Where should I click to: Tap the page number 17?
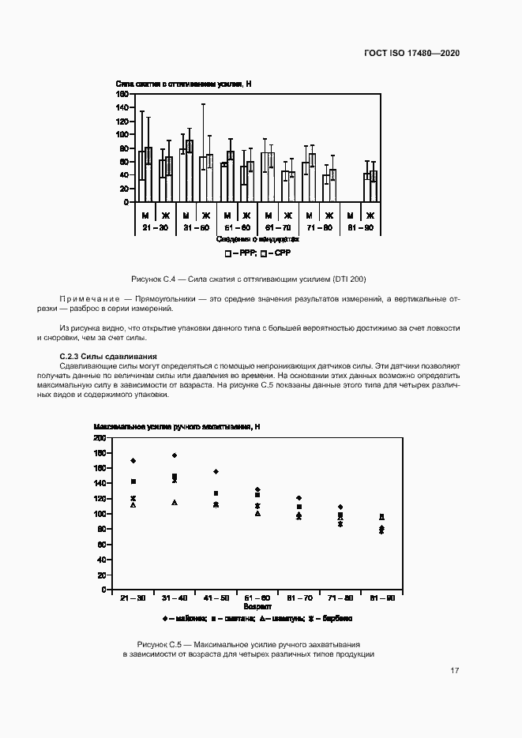pos(455,671)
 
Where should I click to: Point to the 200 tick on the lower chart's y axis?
pos(100,437)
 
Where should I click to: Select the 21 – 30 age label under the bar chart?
pos(155,227)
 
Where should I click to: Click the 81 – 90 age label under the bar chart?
pos(359,227)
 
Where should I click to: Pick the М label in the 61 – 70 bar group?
pos(268,215)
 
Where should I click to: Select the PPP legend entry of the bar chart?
pos(240,254)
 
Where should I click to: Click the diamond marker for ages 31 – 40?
pos(175,455)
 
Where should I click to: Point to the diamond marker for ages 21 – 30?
pos(133,460)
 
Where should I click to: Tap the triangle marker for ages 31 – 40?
pos(175,503)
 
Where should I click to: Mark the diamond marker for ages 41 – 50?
pos(216,472)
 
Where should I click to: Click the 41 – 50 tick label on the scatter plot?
pos(216,598)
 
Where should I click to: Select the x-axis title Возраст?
pos(257,608)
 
